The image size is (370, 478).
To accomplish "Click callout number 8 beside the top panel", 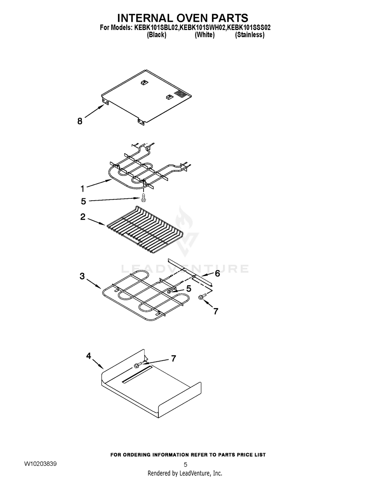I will tap(80, 121).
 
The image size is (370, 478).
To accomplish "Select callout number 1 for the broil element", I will tap(83, 189).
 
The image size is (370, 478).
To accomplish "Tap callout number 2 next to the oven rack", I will tap(83, 217).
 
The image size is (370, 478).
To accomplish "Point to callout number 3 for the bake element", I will tap(82, 276).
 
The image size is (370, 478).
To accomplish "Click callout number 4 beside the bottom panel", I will tap(88, 356).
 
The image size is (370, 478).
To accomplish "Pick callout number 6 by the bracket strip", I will tap(217, 273).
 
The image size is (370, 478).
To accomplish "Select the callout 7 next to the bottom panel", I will tap(173, 358).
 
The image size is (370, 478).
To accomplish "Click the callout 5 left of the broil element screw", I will tap(83, 201).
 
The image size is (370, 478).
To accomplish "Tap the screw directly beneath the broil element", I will tap(144, 197).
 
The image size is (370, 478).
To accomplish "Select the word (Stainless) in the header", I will tap(249, 35).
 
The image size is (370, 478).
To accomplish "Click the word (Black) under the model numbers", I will tap(157, 35).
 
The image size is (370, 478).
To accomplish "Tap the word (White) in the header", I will tap(204, 35).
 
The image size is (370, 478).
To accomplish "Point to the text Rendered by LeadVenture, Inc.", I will tap(185, 473).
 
